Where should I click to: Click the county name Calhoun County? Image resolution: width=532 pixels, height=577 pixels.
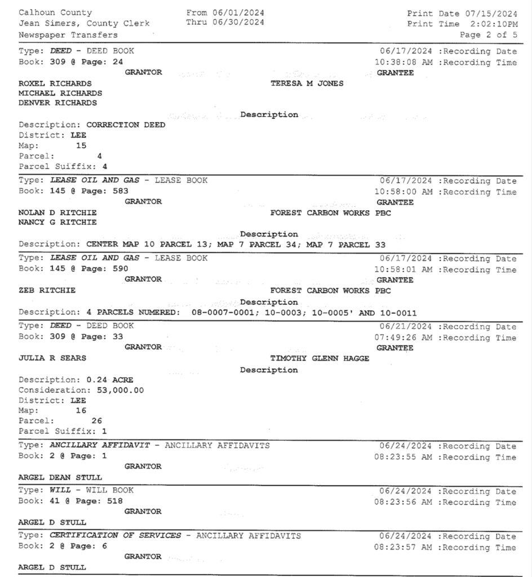[55, 12]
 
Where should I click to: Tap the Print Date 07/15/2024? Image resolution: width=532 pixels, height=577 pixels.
[491, 13]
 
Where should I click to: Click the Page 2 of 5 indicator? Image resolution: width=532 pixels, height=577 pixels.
[489, 35]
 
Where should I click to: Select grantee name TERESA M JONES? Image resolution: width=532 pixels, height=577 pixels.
[307, 83]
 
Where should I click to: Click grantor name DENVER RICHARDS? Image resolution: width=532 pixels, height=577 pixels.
[57, 103]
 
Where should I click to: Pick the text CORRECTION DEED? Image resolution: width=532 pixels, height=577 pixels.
[126, 125]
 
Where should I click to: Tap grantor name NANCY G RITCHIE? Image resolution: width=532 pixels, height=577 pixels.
[57, 223]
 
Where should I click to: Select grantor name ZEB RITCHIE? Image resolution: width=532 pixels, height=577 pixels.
[47, 291]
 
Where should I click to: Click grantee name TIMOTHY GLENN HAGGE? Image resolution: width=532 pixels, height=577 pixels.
[320, 358]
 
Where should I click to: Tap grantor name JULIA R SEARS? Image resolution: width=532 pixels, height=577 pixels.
[52, 358]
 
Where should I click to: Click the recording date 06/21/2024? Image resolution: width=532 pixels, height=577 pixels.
[406, 327]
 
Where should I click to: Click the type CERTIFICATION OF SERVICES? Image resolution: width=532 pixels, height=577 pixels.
[116, 536]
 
